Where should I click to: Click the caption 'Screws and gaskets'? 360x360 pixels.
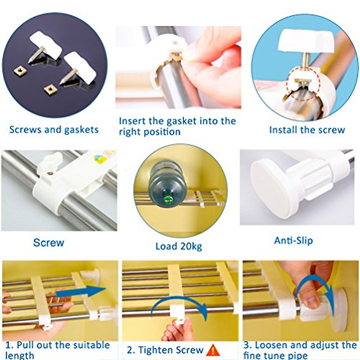coord(54,130)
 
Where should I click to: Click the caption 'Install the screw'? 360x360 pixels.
coord(307,130)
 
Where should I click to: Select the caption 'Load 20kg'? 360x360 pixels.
coord(179,247)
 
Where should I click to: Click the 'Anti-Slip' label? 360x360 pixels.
coord(293,241)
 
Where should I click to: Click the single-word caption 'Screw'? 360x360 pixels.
coord(49,243)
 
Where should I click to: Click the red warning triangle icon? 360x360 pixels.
coord(213,350)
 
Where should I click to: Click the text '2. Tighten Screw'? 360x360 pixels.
coord(165,350)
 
